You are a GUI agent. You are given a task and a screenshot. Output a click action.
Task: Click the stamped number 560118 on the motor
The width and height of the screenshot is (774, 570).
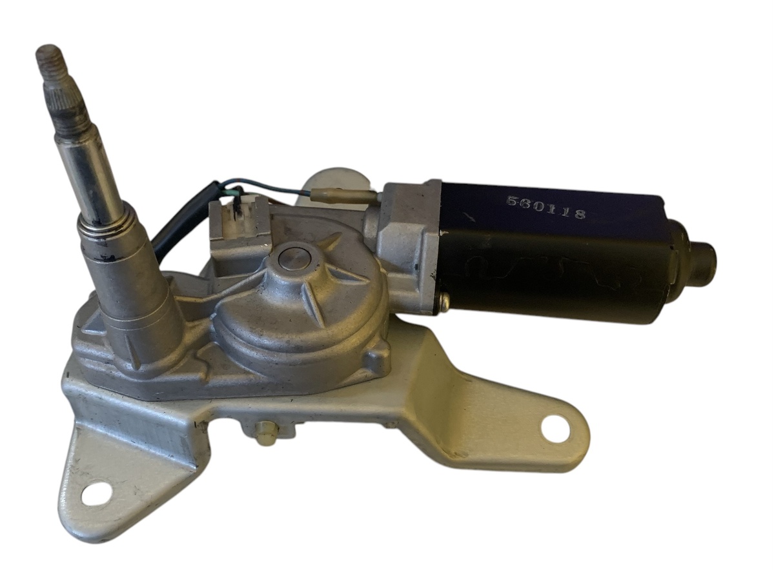[x=546, y=208]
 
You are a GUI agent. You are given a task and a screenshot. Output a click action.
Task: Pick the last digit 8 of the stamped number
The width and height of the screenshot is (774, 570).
[x=580, y=214]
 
